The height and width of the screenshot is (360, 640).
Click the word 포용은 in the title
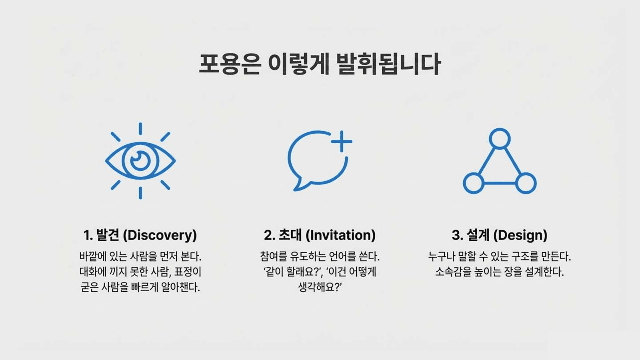pyautogui.click(x=230, y=64)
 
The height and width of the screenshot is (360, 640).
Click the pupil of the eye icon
pyautogui.click(x=140, y=160)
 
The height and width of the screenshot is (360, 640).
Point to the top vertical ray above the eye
pyautogui.click(x=140, y=128)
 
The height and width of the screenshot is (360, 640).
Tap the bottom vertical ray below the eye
pyautogui.click(x=140, y=193)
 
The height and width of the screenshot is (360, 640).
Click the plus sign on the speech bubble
pyautogui.click(x=342, y=141)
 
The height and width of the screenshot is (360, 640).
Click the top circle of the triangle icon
pyautogui.click(x=500, y=139)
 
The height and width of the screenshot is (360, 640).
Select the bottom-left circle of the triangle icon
pyautogui.click(x=474, y=183)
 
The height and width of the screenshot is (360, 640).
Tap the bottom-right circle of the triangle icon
pyautogui.click(x=526, y=183)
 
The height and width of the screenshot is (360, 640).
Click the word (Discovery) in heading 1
pyautogui.click(x=160, y=235)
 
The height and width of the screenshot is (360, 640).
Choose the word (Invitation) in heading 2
pyautogui.click(x=340, y=235)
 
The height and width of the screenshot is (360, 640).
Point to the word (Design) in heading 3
pyautogui.click(x=520, y=235)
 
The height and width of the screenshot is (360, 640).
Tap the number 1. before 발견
pyautogui.click(x=88, y=235)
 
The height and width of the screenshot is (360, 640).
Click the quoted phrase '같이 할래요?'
pyautogui.click(x=292, y=272)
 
